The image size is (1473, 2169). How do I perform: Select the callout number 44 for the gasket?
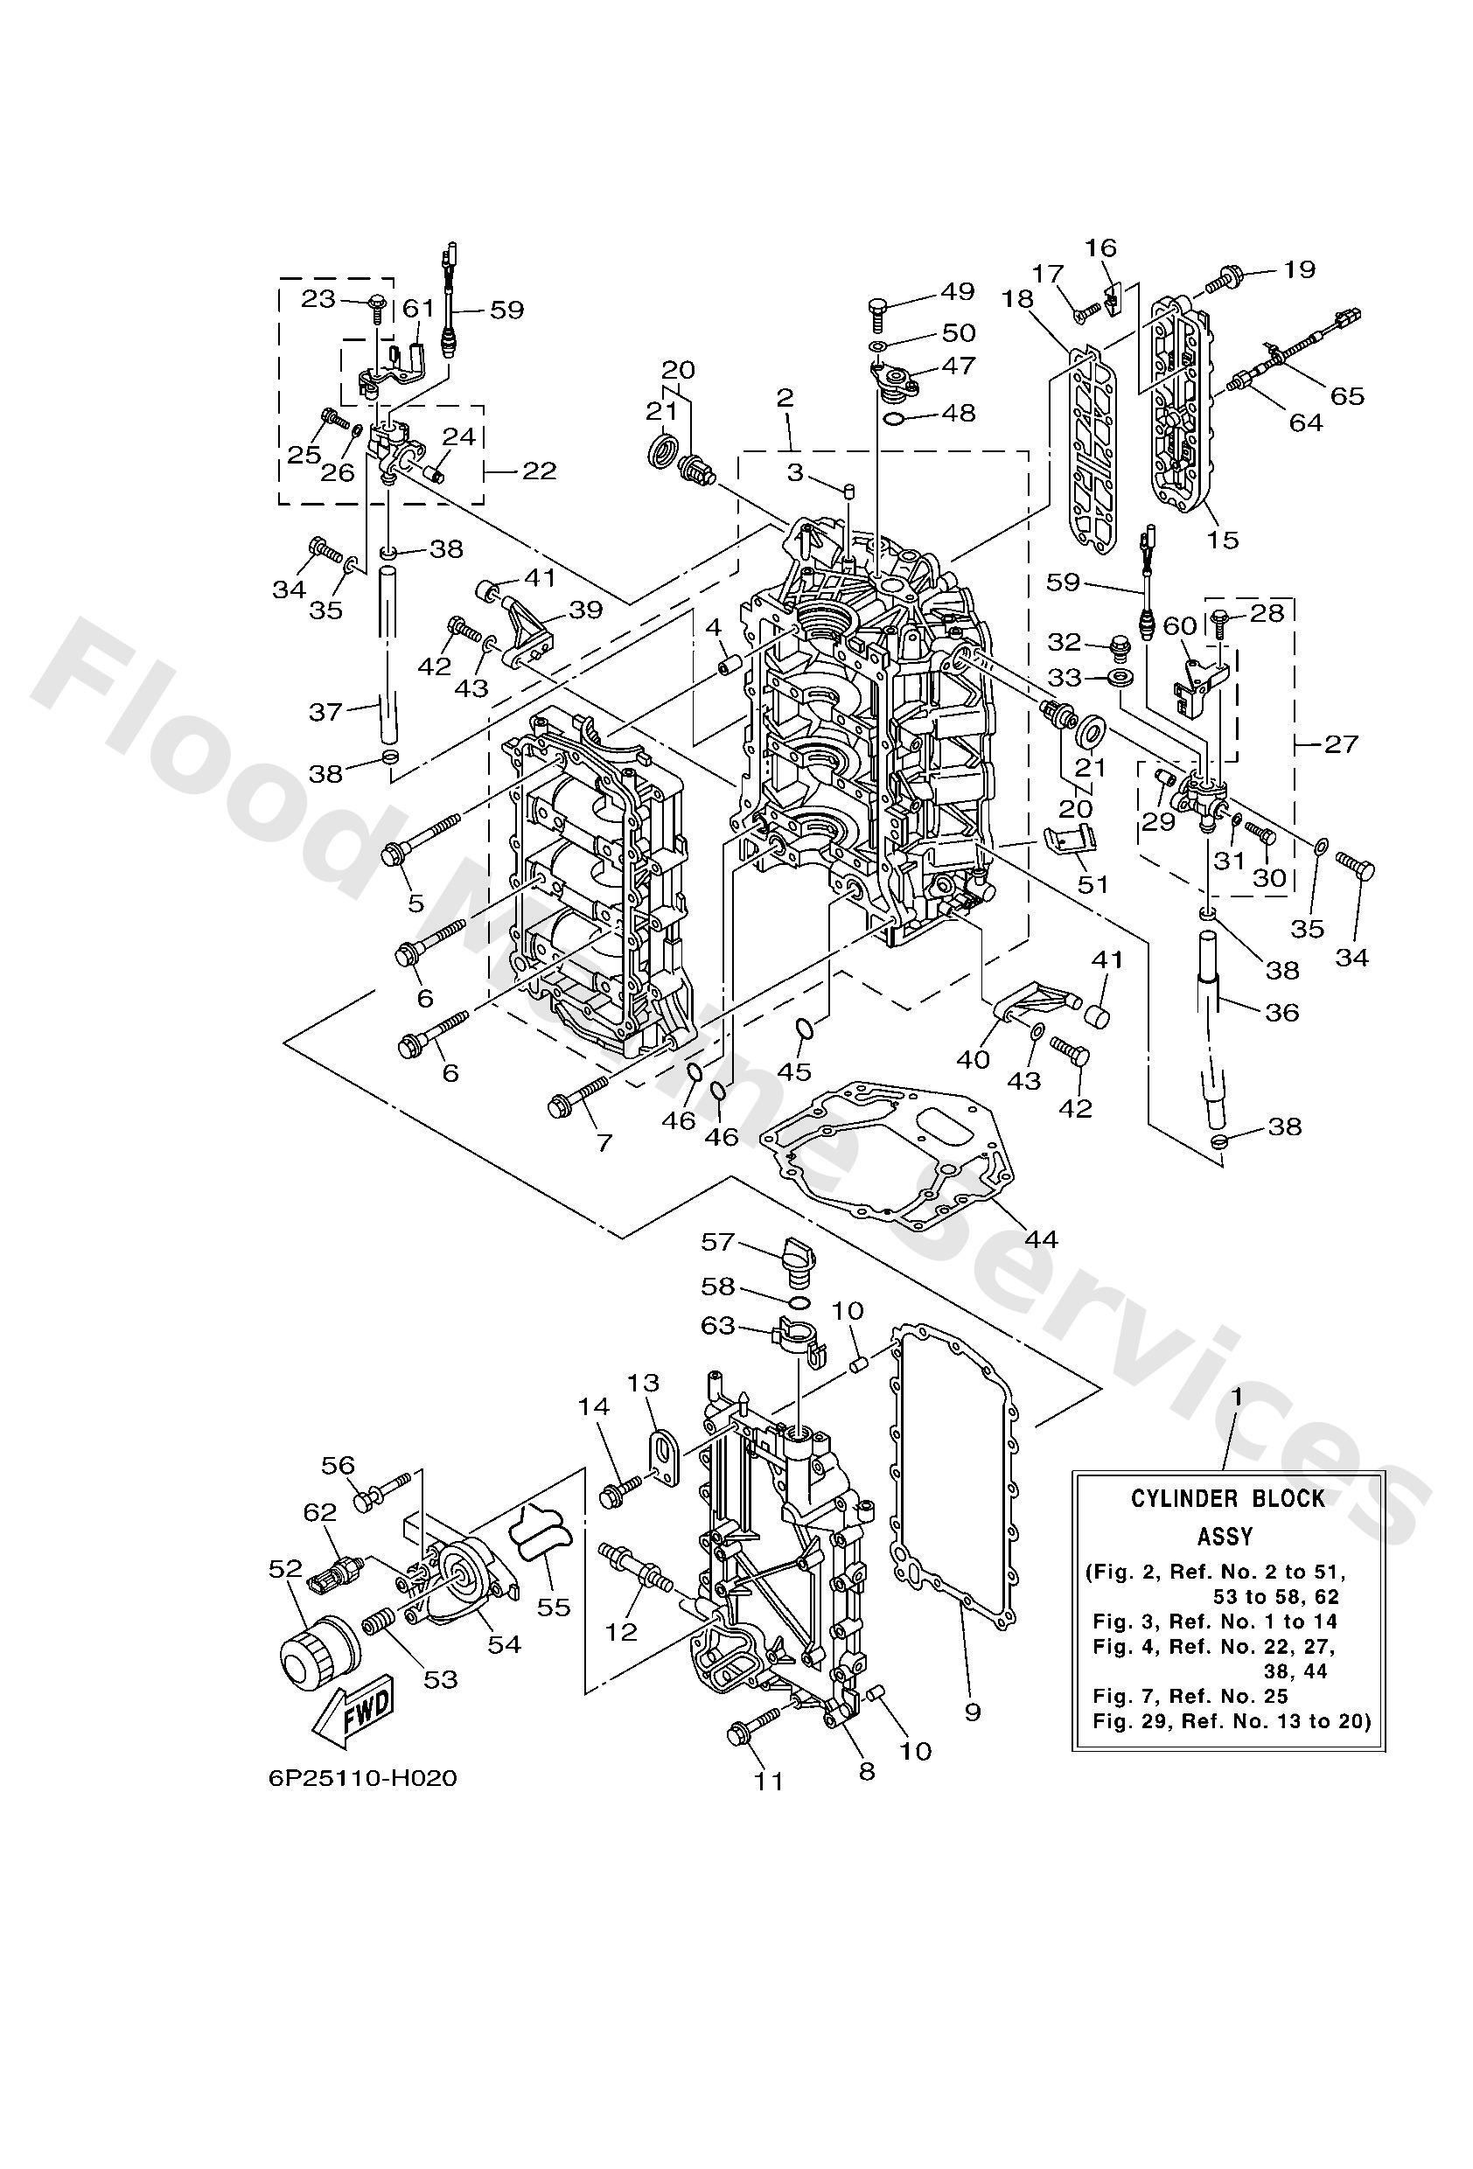pyautogui.click(x=1041, y=1238)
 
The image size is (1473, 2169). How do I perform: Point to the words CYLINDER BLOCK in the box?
pyautogui.click(x=1227, y=1498)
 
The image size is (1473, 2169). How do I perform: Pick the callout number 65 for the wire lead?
pyautogui.click(x=1347, y=394)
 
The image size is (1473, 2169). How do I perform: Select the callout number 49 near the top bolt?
pyautogui.click(x=957, y=291)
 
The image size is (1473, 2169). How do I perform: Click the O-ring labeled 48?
pyautogui.click(x=893, y=416)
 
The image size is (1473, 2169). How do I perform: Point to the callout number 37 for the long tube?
pyautogui.click(x=325, y=712)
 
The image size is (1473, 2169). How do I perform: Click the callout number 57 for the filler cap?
pyautogui.click(x=719, y=1241)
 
